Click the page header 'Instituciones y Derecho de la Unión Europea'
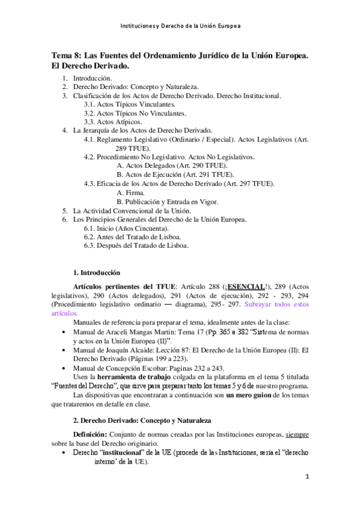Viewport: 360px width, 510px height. (180, 27)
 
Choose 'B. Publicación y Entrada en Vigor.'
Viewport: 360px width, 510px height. (167, 202)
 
